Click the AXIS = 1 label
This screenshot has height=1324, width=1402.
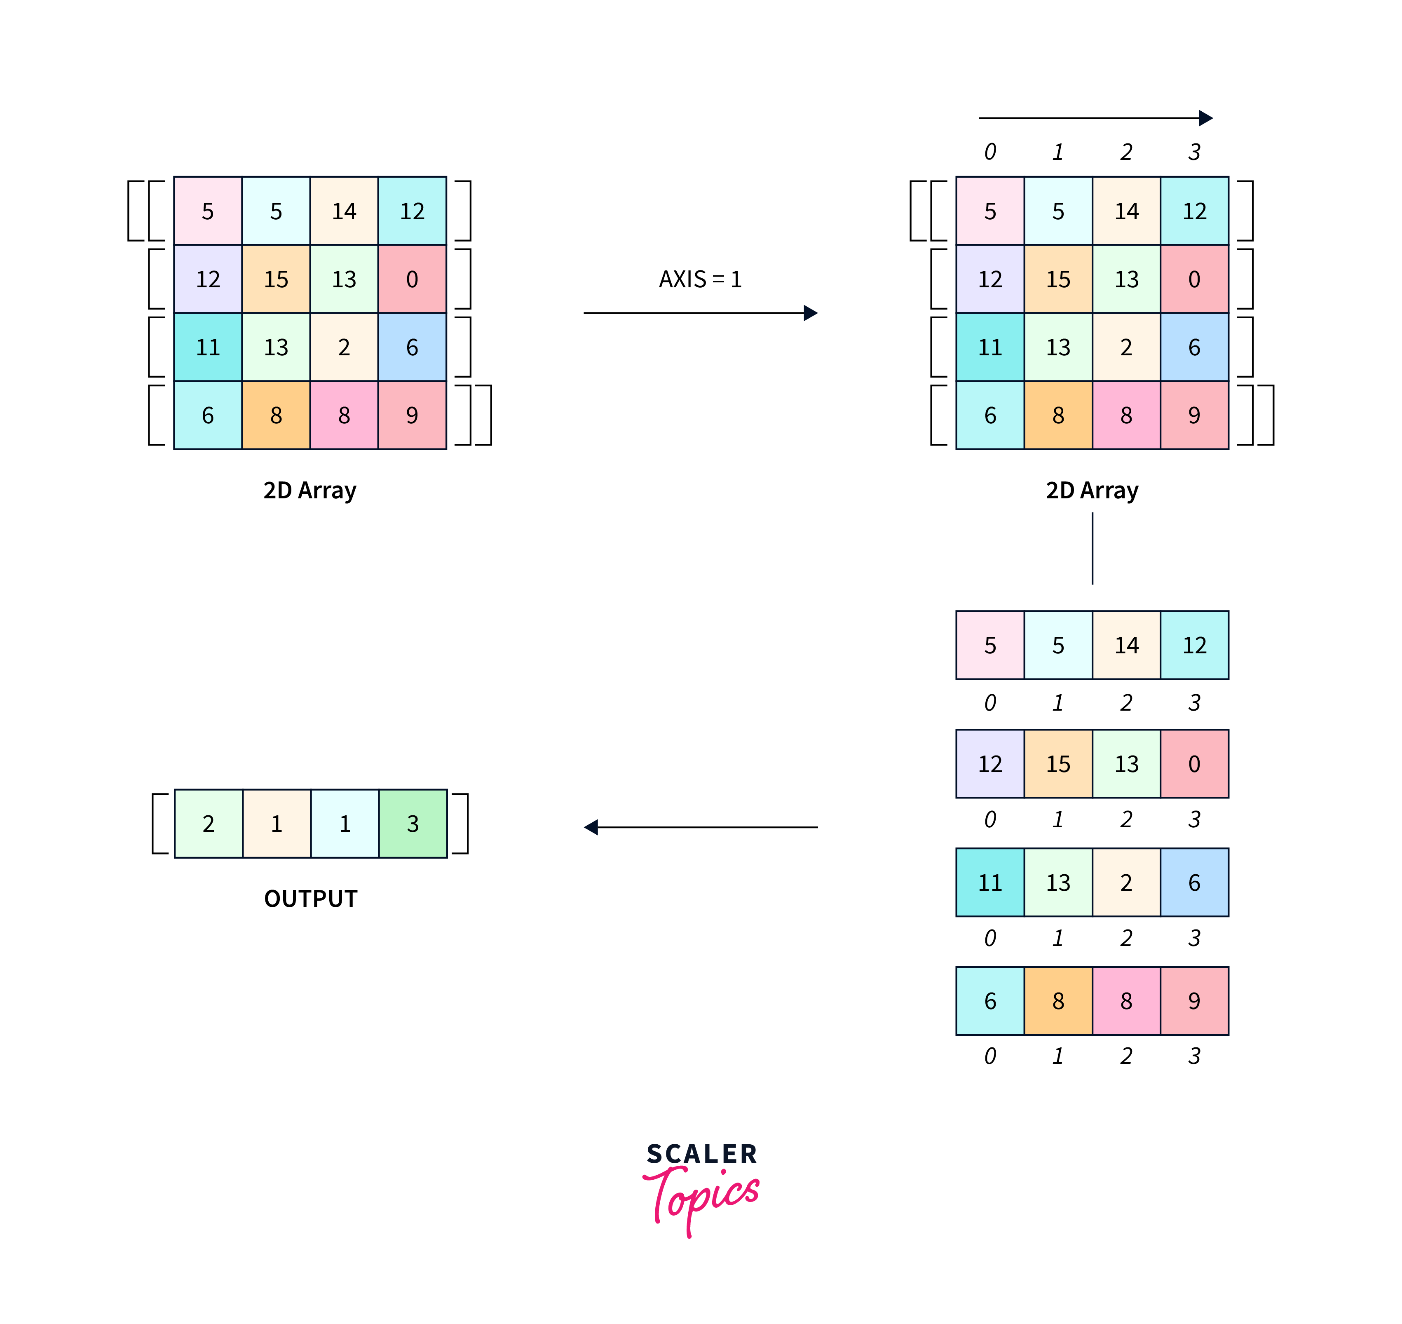(x=700, y=279)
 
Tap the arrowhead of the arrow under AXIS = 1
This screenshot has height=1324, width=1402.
(x=811, y=312)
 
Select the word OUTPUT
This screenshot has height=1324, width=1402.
(x=310, y=899)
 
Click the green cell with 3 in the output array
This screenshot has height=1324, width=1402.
(x=413, y=824)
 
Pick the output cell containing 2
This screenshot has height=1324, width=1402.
(x=208, y=824)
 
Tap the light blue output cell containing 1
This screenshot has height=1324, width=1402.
(x=345, y=824)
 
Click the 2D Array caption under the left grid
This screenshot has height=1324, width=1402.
(x=310, y=491)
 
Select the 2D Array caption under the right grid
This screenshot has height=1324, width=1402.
(x=1092, y=491)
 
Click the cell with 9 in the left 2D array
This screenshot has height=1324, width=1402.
(x=412, y=415)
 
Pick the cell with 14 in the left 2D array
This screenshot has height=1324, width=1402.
(x=345, y=211)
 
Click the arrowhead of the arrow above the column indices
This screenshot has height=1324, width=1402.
(x=1206, y=118)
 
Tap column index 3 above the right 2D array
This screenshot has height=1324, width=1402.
(x=1194, y=152)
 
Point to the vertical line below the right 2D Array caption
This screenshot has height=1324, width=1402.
(x=1092, y=548)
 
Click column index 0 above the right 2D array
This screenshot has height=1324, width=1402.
(x=990, y=152)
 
